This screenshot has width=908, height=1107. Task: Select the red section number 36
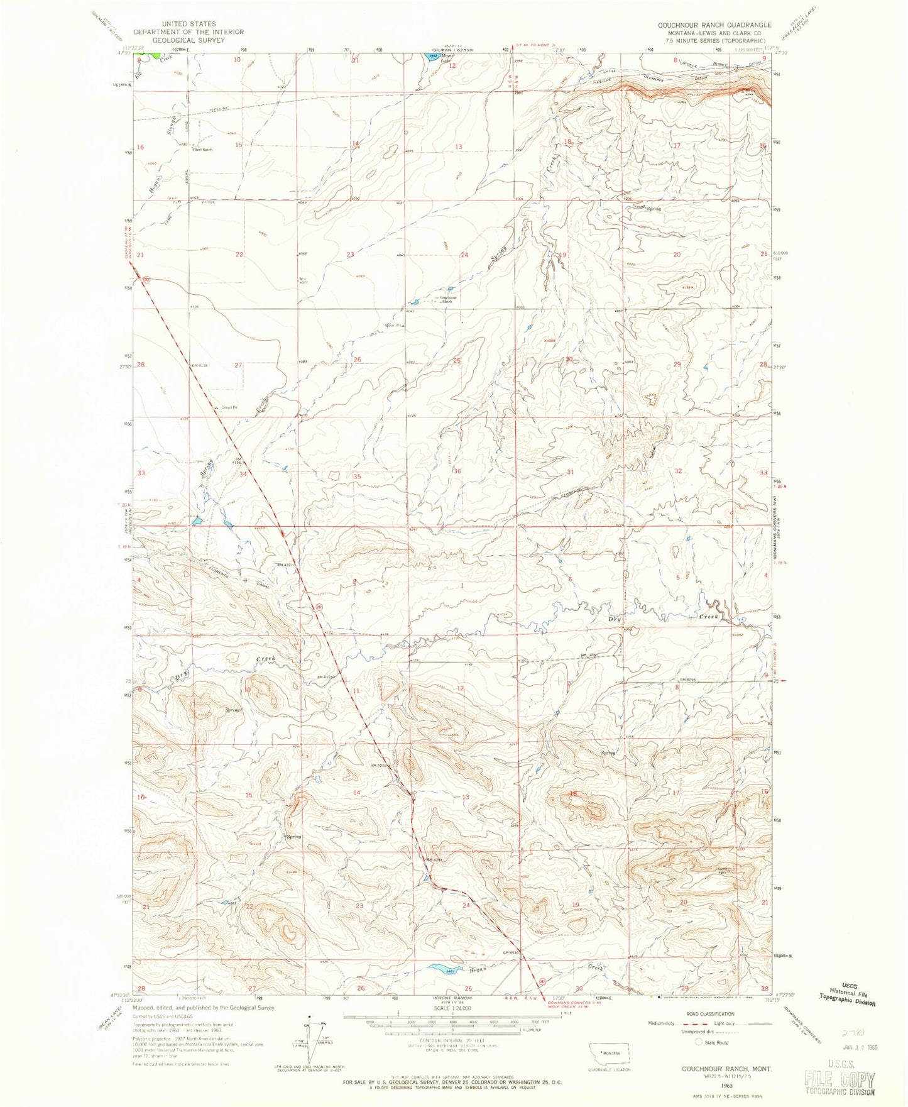(x=457, y=471)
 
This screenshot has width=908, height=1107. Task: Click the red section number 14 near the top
(x=356, y=143)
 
